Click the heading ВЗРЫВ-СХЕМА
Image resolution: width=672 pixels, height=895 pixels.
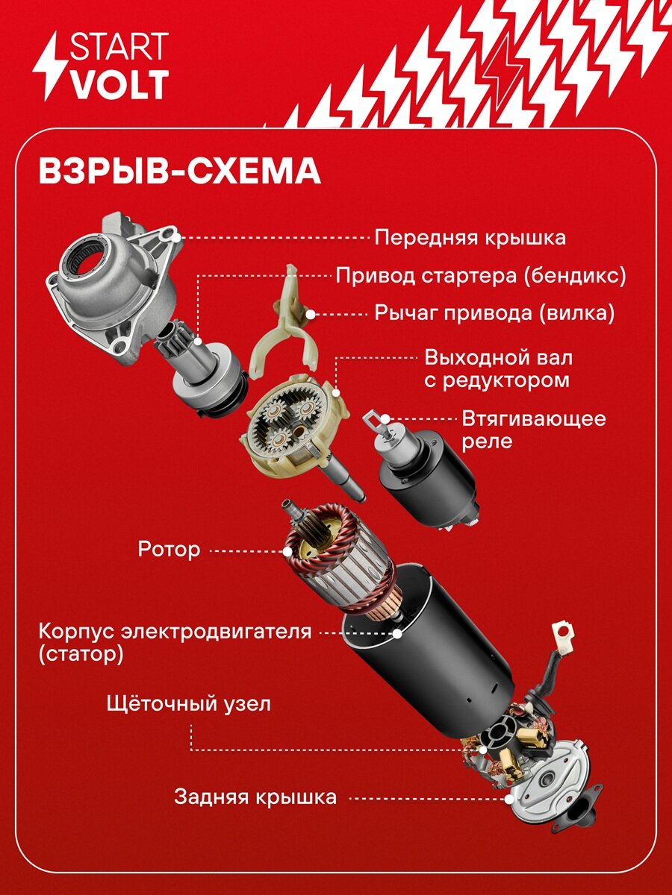(x=179, y=171)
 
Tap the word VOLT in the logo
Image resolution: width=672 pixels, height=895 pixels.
(x=119, y=85)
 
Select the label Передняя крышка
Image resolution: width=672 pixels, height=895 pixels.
(x=470, y=238)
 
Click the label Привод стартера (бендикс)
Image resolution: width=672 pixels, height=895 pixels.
(x=481, y=275)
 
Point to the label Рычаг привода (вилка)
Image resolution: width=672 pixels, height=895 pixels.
(x=493, y=313)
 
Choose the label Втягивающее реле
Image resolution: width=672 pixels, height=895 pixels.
(x=533, y=429)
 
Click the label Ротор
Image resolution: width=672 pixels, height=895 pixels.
(x=169, y=550)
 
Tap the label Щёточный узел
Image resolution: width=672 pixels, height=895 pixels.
(x=189, y=703)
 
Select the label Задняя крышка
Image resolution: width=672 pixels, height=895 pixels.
(x=255, y=797)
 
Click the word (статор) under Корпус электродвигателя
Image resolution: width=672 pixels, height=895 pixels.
(x=81, y=655)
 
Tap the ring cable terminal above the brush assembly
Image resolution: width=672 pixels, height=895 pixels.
(x=564, y=635)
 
